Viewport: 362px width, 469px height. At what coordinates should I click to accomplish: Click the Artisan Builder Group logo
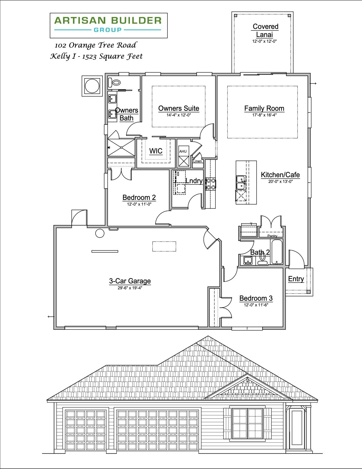click(x=108, y=25)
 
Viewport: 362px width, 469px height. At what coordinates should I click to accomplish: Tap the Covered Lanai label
click(x=265, y=31)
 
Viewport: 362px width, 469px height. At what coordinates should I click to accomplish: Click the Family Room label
click(x=264, y=108)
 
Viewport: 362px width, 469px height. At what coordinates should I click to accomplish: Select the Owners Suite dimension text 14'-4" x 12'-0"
click(x=179, y=115)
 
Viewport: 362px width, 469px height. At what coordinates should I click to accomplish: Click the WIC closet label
click(x=156, y=151)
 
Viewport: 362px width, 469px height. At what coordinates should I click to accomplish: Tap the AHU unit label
click(x=183, y=152)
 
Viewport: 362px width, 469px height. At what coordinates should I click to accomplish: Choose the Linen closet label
click(x=198, y=161)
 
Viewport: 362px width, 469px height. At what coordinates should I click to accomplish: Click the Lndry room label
click(x=194, y=181)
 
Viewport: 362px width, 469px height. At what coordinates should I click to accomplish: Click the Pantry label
click(x=272, y=236)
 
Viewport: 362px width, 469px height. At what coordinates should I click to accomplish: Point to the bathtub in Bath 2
click(x=277, y=252)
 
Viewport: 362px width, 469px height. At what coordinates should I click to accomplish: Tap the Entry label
click(x=296, y=279)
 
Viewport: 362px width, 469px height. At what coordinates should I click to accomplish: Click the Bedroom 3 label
click(x=256, y=298)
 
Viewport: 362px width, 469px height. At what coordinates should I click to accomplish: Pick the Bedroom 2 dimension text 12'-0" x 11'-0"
click(x=139, y=204)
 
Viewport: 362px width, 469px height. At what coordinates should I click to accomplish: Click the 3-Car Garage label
click(x=130, y=281)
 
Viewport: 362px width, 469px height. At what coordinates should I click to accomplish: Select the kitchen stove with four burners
click(x=210, y=184)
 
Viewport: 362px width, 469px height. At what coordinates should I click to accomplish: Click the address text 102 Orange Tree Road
click(x=96, y=45)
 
